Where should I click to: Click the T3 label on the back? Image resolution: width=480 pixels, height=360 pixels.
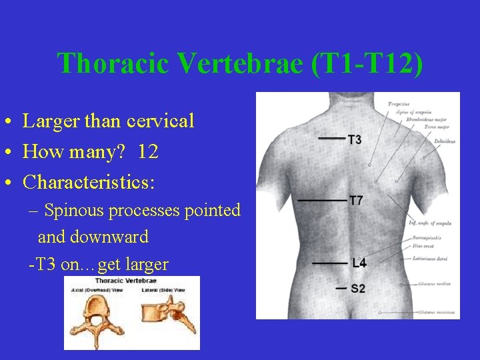click(x=355, y=139)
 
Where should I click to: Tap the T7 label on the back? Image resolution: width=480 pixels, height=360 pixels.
click(x=356, y=200)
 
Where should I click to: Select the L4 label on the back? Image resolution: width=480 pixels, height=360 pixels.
click(x=359, y=263)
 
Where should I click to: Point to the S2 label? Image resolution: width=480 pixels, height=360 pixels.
click(x=358, y=289)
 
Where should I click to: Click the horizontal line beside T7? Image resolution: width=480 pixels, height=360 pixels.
click(x=323, y=200)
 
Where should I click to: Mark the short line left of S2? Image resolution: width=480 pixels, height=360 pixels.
click(x=341, y=289)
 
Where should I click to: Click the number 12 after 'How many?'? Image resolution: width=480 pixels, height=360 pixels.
click(x=148, y=152)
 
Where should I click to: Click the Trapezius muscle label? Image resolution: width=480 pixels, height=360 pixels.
click(x=399, y=104)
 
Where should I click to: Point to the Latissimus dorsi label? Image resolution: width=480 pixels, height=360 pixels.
click(x=430, y=259)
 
